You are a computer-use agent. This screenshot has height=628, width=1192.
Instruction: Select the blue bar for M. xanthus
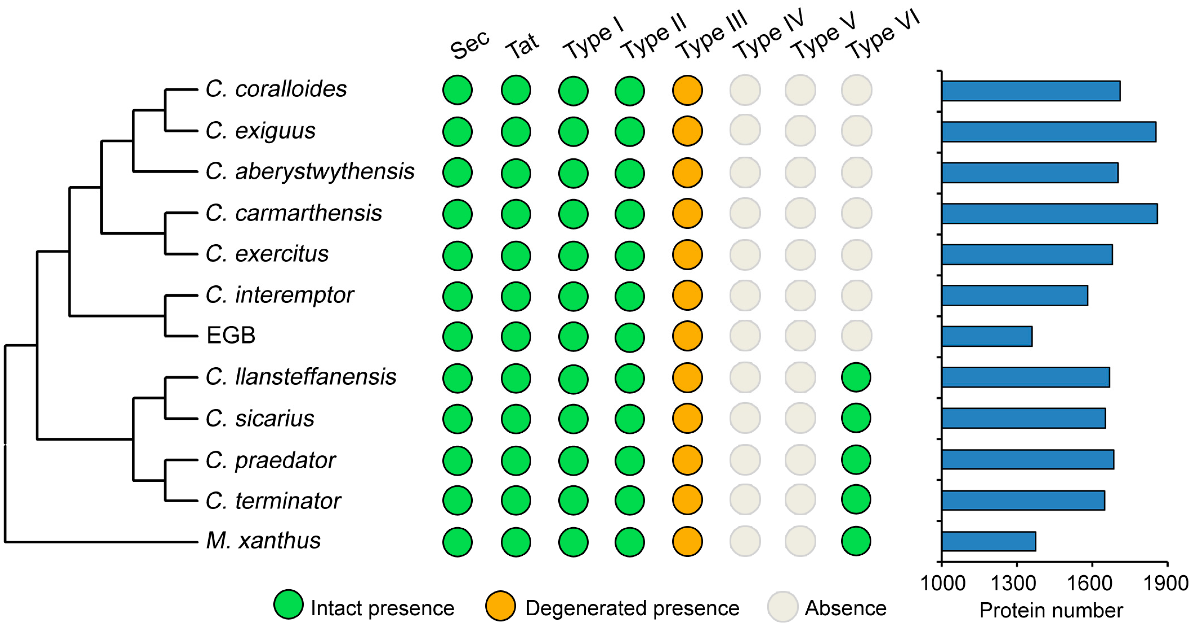(x=989, y=541)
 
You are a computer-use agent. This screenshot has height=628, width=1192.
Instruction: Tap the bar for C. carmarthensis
(x=1049, y=213)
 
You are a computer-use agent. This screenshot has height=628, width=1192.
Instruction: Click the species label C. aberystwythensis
(x=310, y=172)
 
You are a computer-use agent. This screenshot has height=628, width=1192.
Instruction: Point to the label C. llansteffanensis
(x=301, y=377)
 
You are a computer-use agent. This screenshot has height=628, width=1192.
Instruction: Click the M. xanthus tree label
(x=263, y=541)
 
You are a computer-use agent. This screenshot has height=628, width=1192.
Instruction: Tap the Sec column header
(x=470, y=45)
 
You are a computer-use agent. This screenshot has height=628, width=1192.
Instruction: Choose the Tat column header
(x=522, y=46)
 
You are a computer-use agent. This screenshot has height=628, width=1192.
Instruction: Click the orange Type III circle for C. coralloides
(x=687, y=90)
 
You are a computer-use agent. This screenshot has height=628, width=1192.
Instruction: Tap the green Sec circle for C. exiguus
(x=457, y=132)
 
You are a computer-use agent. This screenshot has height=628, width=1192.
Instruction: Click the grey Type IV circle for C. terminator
(x=745, y=500)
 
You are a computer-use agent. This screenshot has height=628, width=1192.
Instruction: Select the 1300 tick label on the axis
(x=1014, y=583)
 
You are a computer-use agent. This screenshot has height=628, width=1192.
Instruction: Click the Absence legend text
(x=845, y=608)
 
